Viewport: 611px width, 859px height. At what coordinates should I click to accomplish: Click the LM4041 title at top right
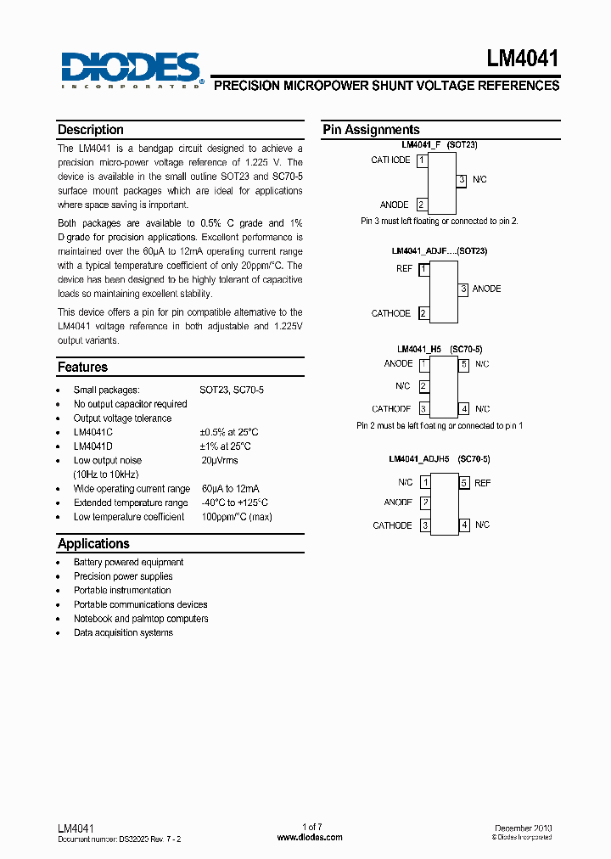coord(523,59)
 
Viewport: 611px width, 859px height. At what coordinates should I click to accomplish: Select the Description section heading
coord(91,130)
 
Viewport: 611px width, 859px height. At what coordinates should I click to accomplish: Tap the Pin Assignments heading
coord(371,130)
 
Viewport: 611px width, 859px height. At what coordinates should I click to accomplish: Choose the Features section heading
coord(82,368)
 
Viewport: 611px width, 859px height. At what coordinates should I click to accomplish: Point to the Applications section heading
coord(93,543)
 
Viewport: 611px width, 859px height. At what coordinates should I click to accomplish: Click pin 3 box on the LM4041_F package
coord(462,180)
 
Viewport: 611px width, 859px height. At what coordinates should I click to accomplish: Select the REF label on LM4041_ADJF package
coord(404,268)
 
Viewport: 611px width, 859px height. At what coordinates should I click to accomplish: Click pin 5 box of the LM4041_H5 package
coord(463,364)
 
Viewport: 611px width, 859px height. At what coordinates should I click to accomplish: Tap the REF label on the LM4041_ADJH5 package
coord(482,483)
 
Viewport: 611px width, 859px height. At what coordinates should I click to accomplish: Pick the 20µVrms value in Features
coord(220,461)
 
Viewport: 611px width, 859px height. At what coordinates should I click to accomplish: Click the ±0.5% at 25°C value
coord(225,432)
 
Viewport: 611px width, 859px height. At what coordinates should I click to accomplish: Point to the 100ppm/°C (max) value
coord(237,517)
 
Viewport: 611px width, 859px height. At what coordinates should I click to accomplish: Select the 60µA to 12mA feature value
coord(230,489)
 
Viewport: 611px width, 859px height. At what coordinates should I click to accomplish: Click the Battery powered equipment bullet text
coord(128,562)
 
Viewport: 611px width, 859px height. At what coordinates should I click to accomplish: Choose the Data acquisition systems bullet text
coord(123,632)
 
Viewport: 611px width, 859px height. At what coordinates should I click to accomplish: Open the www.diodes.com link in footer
coord(311,837)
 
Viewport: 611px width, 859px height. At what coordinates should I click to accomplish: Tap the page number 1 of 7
coord(312,827)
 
